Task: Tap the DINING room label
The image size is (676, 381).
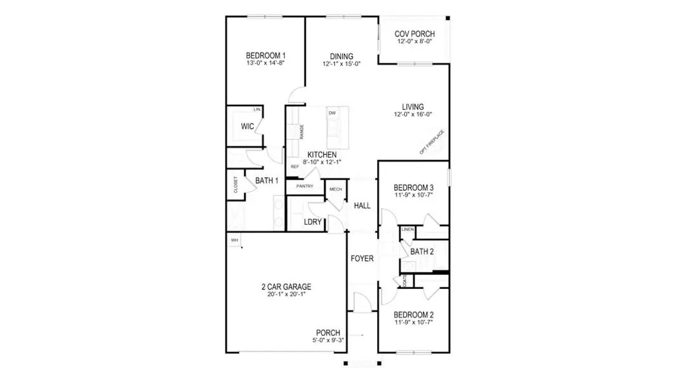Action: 341,57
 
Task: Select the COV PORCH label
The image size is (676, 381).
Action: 414,34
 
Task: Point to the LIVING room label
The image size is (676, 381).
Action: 413,107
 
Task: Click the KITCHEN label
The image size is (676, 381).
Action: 322,155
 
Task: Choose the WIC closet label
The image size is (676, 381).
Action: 247,127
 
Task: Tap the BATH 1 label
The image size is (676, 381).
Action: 267,181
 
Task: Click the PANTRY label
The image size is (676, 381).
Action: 305,187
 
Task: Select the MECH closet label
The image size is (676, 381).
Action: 335,190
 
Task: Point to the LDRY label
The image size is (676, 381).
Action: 313,222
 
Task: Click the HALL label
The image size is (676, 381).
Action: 362,206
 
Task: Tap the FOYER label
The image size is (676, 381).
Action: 362,259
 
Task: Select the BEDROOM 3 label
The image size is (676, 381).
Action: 413,188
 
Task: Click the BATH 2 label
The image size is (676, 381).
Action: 422,252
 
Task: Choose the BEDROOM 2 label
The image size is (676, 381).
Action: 413,315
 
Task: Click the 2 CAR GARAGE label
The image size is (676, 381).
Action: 286,287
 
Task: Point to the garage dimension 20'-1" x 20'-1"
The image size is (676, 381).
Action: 286,295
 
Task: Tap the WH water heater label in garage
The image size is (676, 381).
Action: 234,240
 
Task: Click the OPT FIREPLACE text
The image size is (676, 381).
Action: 432,142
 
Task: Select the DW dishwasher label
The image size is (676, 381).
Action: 331,113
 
